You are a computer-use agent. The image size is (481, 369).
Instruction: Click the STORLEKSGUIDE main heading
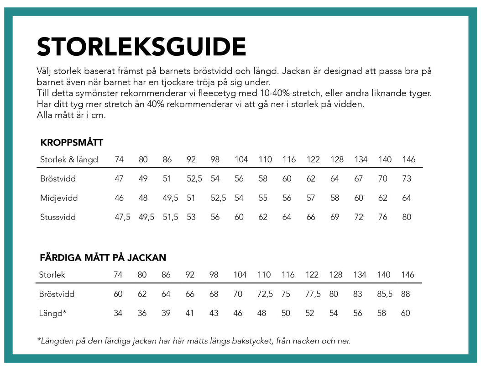coord(141,47)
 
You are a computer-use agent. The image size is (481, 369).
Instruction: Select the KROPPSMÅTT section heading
coord(72,143)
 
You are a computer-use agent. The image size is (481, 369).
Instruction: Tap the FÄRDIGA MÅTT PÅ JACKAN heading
coord(103,257)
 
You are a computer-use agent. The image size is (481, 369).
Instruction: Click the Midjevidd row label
coord(59,198)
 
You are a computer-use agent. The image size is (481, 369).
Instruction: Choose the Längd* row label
coord(52,313)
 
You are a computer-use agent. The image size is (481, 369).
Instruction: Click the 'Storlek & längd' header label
coord(69,160)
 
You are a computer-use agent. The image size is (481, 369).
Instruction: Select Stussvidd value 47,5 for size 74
coord(122,217)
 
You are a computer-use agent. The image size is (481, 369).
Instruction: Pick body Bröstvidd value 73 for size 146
coord(407,179)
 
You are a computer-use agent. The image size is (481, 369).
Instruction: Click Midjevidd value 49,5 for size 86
coord(171,198)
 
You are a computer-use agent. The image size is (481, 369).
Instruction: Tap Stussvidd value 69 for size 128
coord(335,217)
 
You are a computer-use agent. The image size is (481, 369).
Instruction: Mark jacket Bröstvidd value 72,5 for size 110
coord(265,294)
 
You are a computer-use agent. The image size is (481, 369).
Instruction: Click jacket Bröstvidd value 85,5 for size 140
coord(385,294)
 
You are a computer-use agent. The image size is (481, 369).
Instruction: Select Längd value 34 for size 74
coord(118,313)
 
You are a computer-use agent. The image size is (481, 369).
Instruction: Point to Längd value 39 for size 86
coord(166,313)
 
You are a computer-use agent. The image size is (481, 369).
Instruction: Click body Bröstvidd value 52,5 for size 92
coord(194,179)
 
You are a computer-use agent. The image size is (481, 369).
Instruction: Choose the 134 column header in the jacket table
coord(360,275)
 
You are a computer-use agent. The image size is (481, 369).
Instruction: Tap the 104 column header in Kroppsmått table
coord(241,160)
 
